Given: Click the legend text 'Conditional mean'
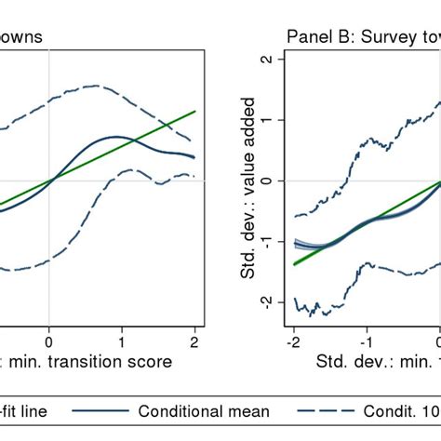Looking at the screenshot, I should [x=204, y=410].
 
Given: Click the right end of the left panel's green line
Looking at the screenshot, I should [x=195, y=111].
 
